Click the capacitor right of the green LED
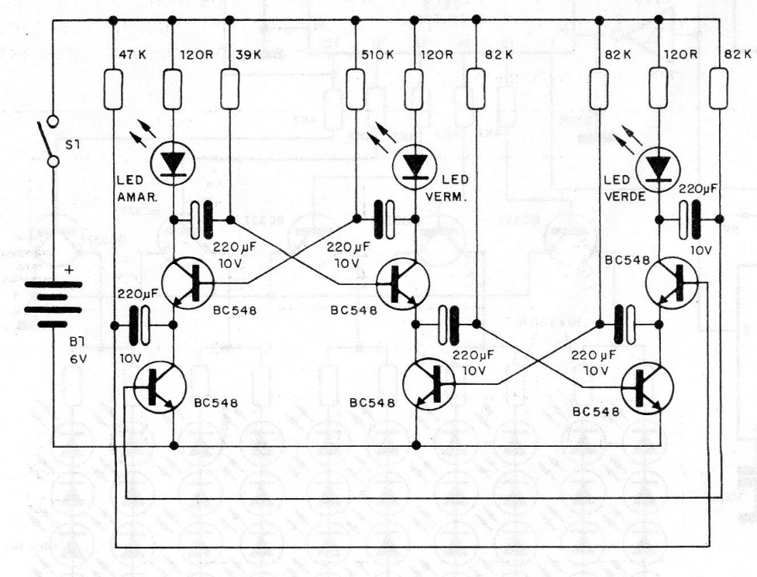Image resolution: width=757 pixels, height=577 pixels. [x=690, y=220]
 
